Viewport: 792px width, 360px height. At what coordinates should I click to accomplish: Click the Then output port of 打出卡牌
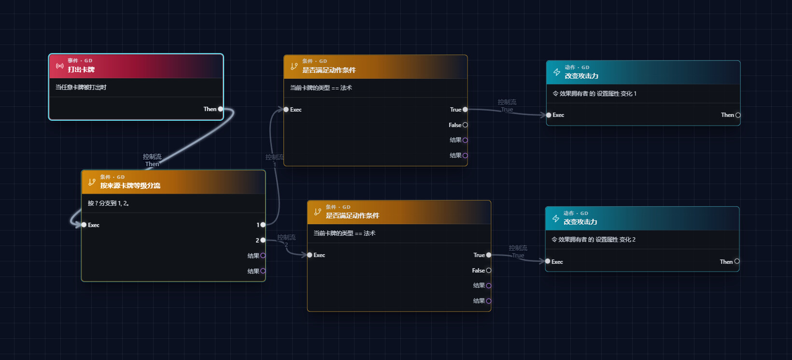click(x=221, y=109)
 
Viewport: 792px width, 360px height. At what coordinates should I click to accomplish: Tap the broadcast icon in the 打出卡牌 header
click(x=60, y=66)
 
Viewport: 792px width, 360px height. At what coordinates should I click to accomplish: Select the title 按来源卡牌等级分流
click(x=130, y=186)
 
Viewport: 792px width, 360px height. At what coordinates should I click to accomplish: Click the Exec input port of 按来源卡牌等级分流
click(x=84, y=225)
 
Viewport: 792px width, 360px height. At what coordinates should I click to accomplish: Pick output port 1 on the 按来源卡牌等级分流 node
click(x=263, y=225)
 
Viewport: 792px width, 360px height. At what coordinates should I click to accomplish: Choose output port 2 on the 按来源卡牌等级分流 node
click(x=263, y=240)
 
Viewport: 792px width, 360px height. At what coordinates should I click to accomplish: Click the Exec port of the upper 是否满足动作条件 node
click(x=286, y=110)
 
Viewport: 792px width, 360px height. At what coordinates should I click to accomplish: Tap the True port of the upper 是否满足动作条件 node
click(x=466, y=110)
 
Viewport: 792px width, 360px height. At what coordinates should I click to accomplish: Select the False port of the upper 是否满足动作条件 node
click(x=466, y=125)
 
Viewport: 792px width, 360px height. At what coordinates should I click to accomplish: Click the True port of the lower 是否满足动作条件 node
click(x=489, y=255)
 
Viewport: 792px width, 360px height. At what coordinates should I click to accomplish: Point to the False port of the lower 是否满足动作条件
click(x=489, y=271)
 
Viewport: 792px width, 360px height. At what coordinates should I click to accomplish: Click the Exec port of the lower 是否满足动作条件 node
click(x=310, y=255)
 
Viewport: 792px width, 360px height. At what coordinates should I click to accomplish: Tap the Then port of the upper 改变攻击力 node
click(x=738, y=115)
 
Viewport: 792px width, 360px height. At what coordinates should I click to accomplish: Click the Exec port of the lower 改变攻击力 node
click(x=548, y=261)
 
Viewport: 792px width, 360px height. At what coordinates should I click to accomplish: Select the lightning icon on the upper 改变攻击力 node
click(x=557, y=72)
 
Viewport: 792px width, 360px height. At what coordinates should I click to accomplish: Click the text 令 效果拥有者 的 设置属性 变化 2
click(x=594, y=240)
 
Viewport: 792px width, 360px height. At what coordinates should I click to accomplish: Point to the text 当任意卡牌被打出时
click(x=81, y=87)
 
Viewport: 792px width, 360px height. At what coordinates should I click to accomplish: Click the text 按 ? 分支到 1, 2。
click(x=109, y=203)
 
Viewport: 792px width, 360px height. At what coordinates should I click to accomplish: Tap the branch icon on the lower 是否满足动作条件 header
click(x=317, y=212)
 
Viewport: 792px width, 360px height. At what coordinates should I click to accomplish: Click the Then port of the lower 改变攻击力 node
click(x=737, y=261)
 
